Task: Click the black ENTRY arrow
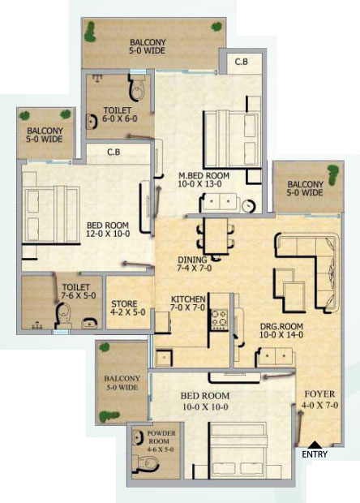tap(315, 445)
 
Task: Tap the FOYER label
tap(319, 394)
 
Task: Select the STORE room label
tap(124, 303)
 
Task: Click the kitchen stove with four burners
tap(219, 319)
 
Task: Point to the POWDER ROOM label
tap(161, 437)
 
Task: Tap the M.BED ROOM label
tap(204, 176)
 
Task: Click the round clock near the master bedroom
tap(248, 205)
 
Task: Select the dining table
tap(216, 236)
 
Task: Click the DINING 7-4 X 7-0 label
tap(195, 264)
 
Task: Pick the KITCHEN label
tap(188, 299)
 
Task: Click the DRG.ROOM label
tap(281, 327)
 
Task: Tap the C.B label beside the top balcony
tap(242, 62)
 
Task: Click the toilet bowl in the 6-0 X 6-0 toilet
tap(137, 88)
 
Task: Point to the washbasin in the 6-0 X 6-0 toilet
tap(92, 122)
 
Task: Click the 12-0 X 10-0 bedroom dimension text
tap(108, 234)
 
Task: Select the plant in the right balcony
tap(332, 174)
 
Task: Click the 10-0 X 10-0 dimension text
tap(205, 406)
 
